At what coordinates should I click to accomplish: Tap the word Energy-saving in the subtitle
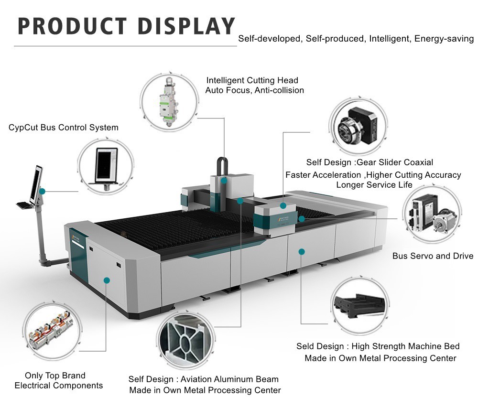click(x=444, y=38)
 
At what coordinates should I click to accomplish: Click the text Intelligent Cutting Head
click(x=252, y=80)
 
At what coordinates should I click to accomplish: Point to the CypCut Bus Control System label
click(x=64, y=128)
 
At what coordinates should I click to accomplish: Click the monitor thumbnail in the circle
click(x=106, y=164)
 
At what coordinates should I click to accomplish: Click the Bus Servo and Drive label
click(x=433, y=256)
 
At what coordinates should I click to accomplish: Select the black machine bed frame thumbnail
click(x=358, y=306)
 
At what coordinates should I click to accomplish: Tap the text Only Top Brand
click(x=55, y=376)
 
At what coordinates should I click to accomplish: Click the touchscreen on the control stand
click(x=36, y=184)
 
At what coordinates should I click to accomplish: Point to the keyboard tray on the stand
click(x=24, y=205)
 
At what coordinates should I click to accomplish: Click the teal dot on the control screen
click(x=43, y=191)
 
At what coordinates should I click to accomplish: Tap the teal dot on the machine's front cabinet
click(x=107, y=280)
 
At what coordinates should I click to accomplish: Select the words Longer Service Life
click(x=374, y=185)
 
